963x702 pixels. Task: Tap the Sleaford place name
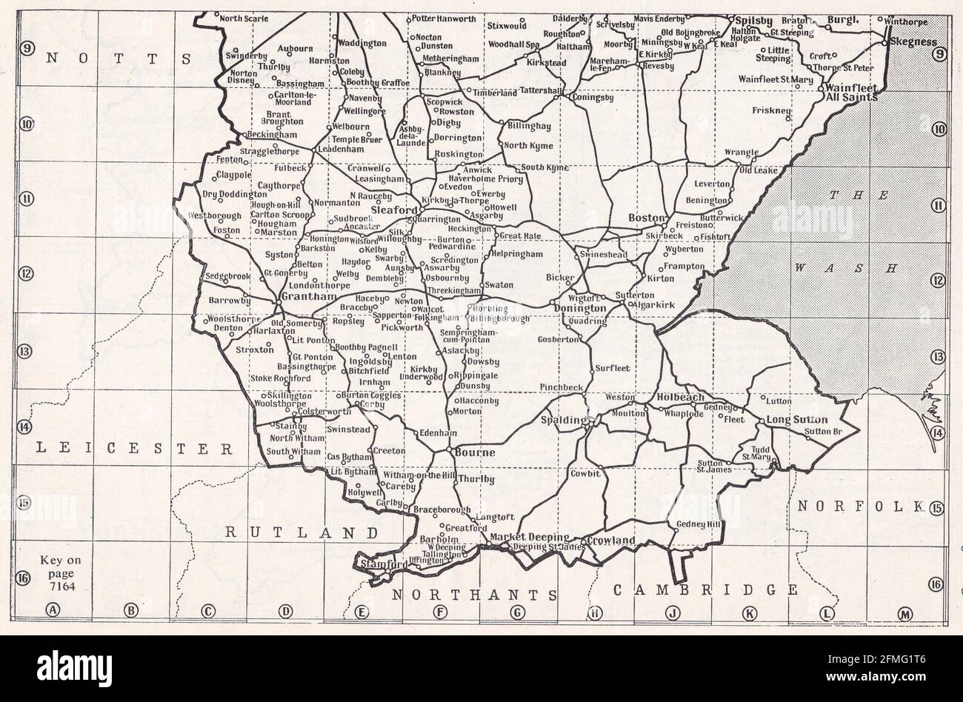coord(394,210)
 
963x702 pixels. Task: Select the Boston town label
coord(644,218)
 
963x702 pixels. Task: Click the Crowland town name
coord(611,541)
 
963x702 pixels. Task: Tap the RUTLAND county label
coord(301,532)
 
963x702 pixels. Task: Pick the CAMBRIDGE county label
coord(705,589)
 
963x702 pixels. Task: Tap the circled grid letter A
coord(52,611)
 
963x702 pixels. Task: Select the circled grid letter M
coord(904,613)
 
